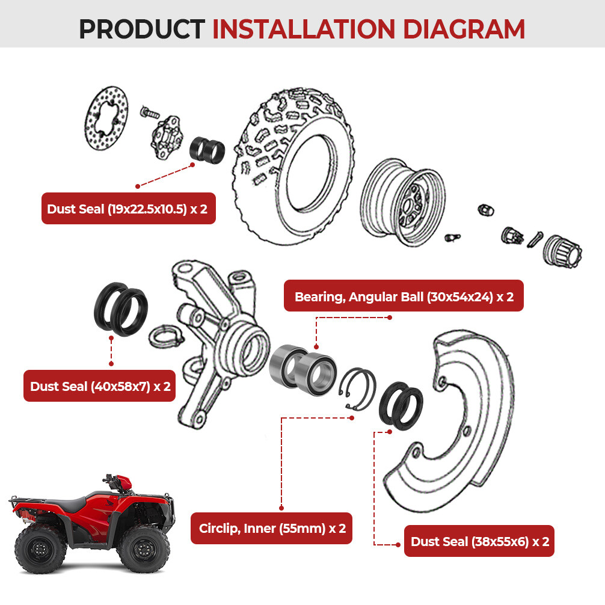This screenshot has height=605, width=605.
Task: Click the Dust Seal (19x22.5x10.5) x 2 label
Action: [x=128, y=209]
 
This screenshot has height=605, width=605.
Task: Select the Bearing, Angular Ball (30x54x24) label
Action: [x=404, y=296]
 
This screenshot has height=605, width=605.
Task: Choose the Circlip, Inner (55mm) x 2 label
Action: [x=272, y=529]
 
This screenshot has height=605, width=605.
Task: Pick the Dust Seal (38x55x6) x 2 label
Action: [x=479, y=541]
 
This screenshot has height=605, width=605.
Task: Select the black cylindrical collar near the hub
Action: [x=207, y=150]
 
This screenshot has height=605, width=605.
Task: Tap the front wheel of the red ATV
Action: [x=142, y=547]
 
